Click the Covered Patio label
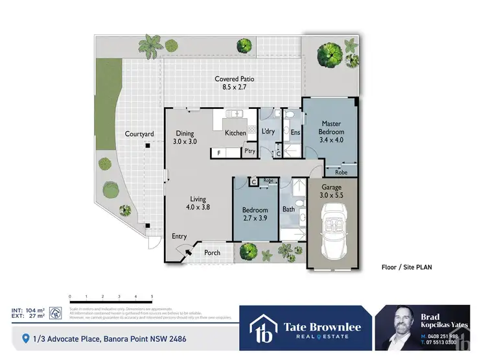pos(234,82)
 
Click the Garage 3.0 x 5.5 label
pos(331,191)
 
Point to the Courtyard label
pos(139,134)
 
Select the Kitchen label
pos(235,133)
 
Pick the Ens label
pos(295,133)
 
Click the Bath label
pos(288,210)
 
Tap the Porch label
pos(212,252)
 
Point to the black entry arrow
pos(189,253)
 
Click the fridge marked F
pos(219,152)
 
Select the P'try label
pos(249,151)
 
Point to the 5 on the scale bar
pos(152,295)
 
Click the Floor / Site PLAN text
pos(406,267)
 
